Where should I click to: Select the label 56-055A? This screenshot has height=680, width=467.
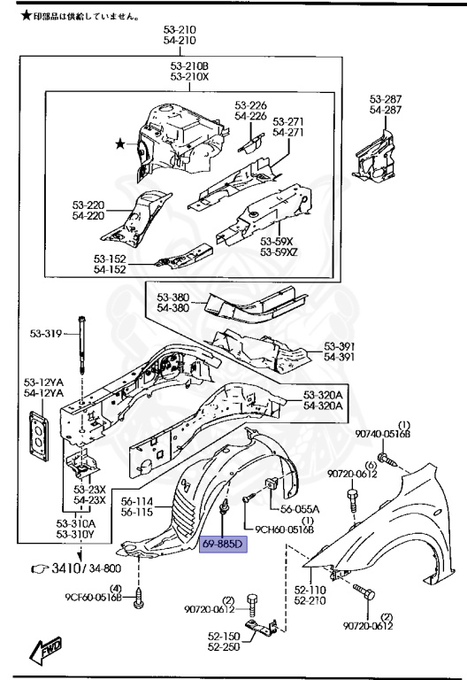coord(300,509)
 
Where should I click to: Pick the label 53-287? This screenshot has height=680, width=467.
coord(387,99)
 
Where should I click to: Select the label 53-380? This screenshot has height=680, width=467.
coord(174,297)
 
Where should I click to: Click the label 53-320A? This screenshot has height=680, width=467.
coord(323,394)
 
